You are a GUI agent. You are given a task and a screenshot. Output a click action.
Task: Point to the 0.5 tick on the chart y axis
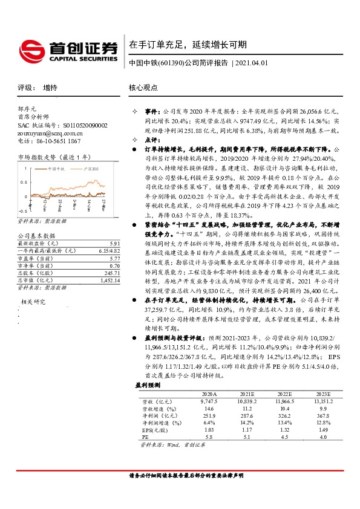(x=22, y=182)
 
